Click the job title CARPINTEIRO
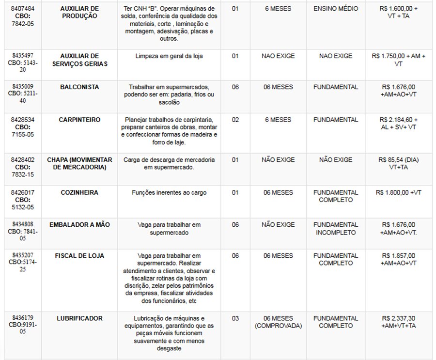point(79,120)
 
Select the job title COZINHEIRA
point(79,192)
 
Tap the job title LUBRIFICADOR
point(79,318)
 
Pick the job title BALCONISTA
point(79,87)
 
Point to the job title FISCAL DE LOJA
point(79,255)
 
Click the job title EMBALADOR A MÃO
point(79,225)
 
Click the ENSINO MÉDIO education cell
point(336,9)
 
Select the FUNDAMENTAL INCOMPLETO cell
point(336,229)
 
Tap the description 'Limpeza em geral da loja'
point(169,56)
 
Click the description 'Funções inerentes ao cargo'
point(169,192)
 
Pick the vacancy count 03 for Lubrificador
point(235,318)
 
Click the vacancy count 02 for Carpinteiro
point(235,120)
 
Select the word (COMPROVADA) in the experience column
point(278,326)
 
